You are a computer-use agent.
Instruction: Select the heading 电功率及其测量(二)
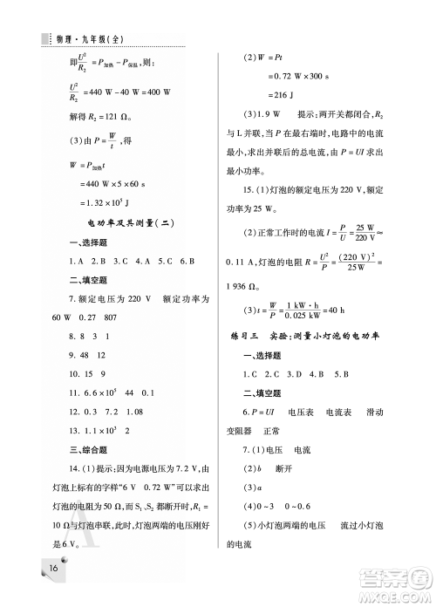tap(132, 223)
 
